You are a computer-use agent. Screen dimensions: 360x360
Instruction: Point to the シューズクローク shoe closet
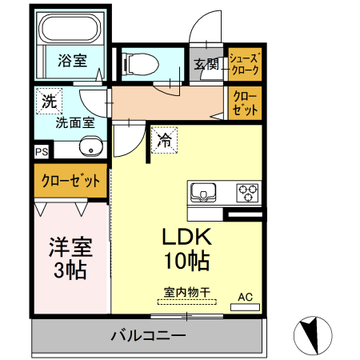[244, 64]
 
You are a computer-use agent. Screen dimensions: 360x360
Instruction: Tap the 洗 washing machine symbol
[49, 102]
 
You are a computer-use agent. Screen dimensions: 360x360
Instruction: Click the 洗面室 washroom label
[75, 122]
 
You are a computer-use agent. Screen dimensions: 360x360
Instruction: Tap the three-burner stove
[246, 193]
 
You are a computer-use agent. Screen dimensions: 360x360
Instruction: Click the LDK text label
[186, 238]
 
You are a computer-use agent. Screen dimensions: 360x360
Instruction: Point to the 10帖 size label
[186, 262]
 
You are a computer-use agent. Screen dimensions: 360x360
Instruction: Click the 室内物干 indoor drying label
[186, 294]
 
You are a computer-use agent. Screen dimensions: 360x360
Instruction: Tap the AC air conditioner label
[245, 298]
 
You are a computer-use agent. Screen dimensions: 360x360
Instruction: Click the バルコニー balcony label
[148, 335]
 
